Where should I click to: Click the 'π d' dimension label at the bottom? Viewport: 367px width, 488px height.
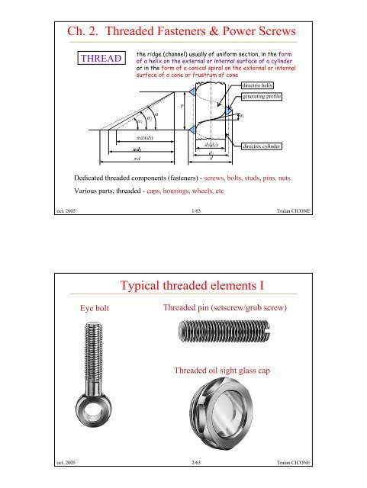[x=135, y=159]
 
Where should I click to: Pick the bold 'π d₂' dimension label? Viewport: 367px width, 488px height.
[x=135, y=150]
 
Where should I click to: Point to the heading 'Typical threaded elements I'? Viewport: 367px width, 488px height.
[x=183, y=287]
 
